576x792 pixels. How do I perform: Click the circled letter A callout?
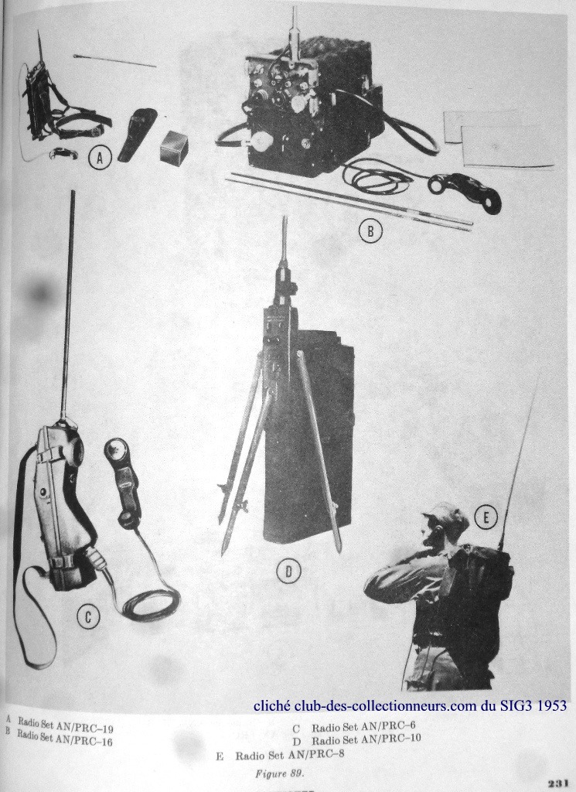(x=100, y=159)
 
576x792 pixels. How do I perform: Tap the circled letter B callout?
(x=370, y=230)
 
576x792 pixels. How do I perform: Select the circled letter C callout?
(x=88, y=617)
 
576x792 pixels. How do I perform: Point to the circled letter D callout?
(x=288, y=572)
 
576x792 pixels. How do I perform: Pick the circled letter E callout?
(x=486, y=517)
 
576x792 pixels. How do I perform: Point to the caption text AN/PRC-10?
(x=386, y=739)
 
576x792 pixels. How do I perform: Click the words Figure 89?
(x=279, y=773)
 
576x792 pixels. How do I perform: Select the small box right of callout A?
(x=175, y=146)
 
